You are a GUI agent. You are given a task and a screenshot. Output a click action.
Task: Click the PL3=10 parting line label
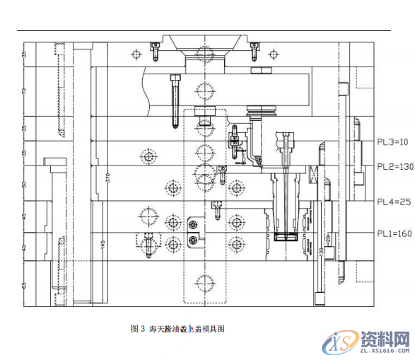tap(393, 142)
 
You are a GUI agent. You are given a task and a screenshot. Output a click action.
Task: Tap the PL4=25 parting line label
tap(393, 202)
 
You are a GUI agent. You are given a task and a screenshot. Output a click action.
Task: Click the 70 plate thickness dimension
tap(25, 91)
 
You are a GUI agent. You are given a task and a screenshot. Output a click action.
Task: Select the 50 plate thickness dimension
tap(25, 184)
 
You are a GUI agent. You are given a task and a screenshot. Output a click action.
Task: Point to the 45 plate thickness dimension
tap(25, 216)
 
